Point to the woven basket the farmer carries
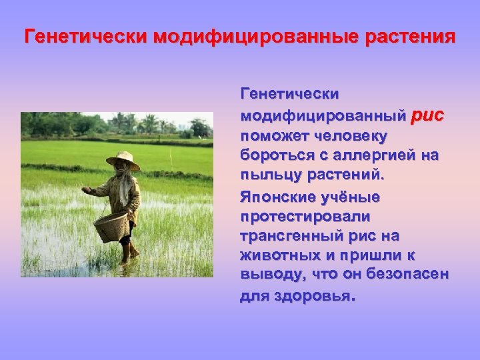coord(110,226)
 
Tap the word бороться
coord(272,156)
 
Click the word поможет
coord(272,136)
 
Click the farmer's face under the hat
coord(121,169)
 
